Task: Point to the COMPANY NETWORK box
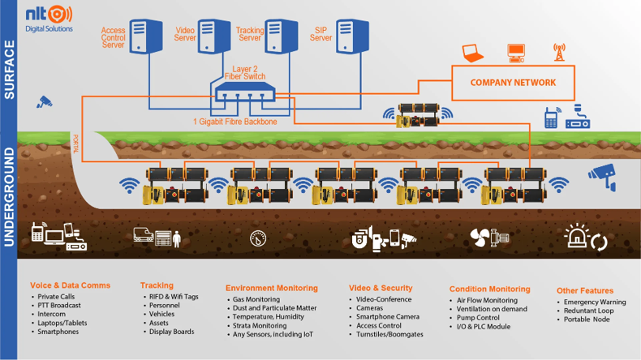pos(513,83)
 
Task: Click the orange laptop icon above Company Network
pos(472,54)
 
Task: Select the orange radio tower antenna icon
pos(558,52)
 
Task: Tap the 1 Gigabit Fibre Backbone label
pos(235,122)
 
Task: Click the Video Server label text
pos(185,34)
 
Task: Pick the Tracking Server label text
pos(250,34)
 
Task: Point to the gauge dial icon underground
pos(258,238)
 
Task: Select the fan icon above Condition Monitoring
pos(479,238)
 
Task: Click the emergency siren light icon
pos(576,237)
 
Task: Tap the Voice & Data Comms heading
pos(70,285)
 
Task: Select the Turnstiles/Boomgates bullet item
pos(389,334)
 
